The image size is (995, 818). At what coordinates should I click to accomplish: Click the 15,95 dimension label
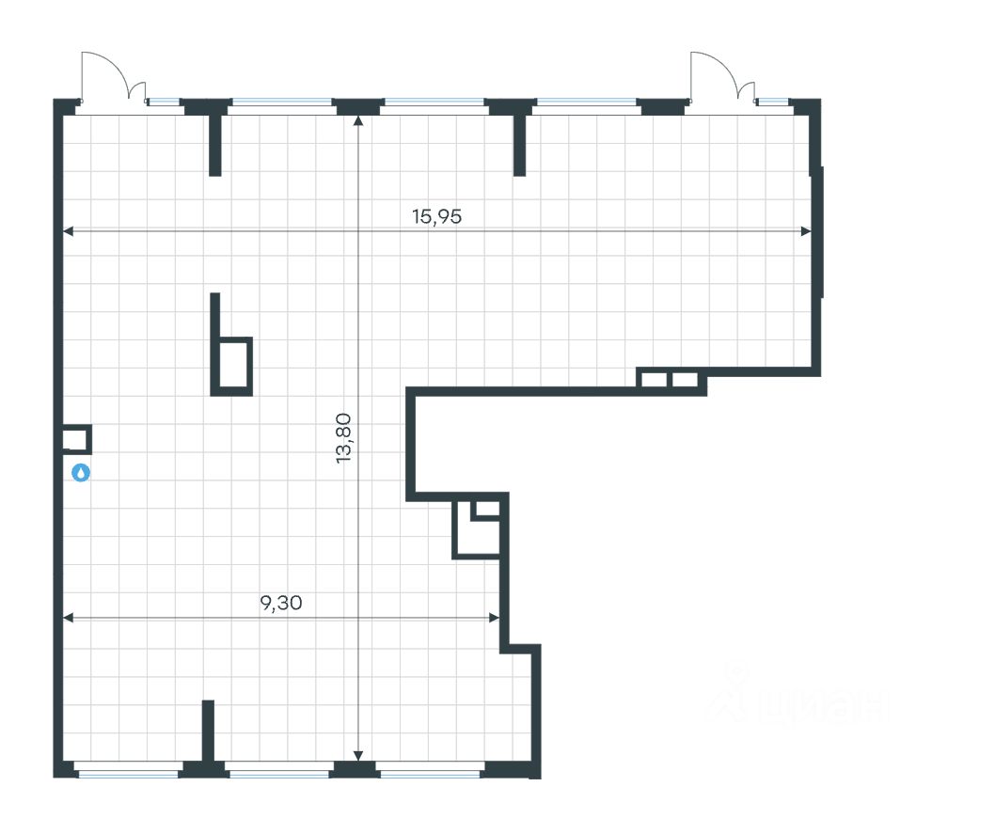(437, 216)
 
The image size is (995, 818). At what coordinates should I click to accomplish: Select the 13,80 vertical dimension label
(343, 438)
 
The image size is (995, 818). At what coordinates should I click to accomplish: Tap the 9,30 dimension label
(280, 604)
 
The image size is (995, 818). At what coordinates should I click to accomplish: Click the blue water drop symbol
(82, 473)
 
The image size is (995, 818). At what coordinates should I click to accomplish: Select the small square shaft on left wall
(75, 440)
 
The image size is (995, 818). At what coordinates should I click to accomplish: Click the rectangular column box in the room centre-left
(234, 365)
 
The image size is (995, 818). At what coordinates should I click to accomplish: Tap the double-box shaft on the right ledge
(669, 380)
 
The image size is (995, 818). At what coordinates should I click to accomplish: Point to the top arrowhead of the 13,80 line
(357, 119)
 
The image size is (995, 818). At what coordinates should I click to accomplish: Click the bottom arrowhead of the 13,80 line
(357, 755)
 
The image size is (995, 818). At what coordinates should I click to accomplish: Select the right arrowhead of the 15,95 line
(805, 231)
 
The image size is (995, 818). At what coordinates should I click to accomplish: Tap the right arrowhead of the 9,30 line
(494, 618)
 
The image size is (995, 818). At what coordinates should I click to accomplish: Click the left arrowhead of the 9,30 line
(68, 618)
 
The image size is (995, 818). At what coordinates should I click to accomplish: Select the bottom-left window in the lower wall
(127, 773)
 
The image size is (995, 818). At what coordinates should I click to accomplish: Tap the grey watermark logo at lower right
(799, 698)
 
